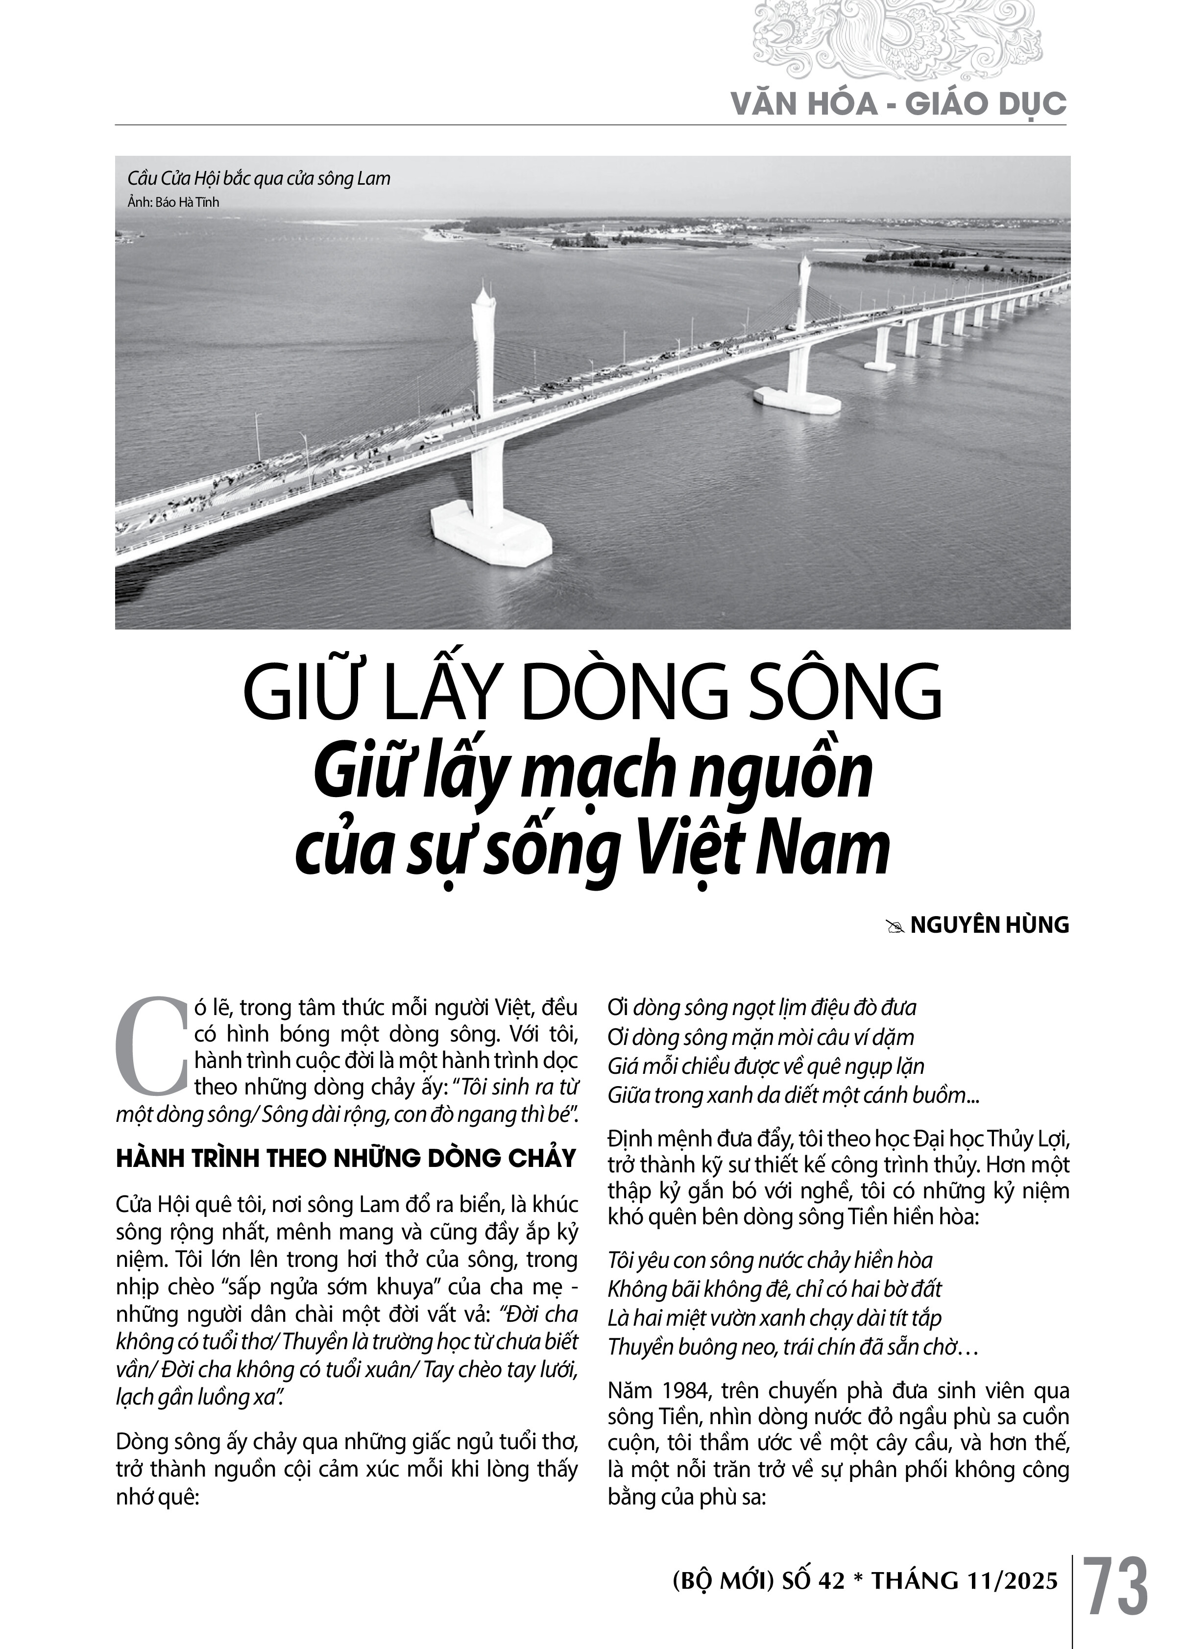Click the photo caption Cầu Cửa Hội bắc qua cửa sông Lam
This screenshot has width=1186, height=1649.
(x=259, y=178)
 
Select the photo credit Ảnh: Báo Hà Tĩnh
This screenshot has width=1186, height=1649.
(x=173, y=202)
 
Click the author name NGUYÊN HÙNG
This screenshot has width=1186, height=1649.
(x=989, y=925)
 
